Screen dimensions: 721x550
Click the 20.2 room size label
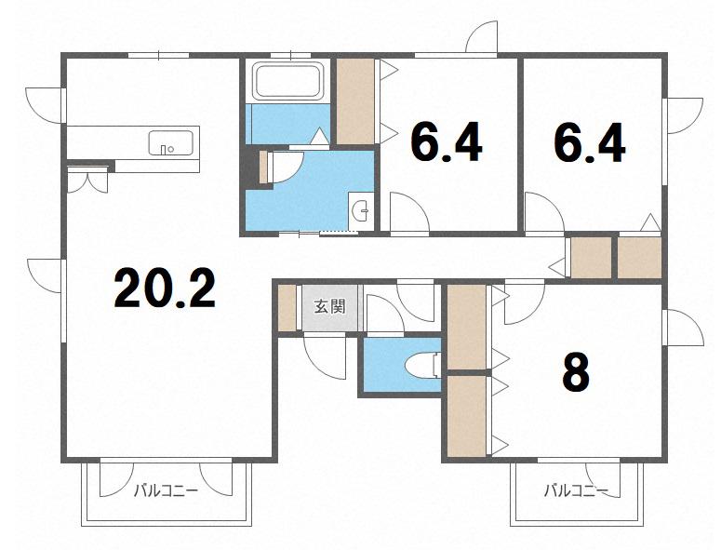[165, 288]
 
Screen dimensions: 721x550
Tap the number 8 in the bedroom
[575, 372]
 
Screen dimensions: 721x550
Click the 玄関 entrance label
[329, 306]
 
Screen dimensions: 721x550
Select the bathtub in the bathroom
[288, 82]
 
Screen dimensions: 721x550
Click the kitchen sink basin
[170, 143]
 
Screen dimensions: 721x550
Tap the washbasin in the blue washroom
[361, 210]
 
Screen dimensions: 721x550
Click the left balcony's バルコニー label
[166, 491]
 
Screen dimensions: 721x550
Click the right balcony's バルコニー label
[576, 491]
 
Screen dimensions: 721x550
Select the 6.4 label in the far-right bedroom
[590, 142]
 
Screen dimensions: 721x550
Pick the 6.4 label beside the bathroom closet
[447, 142]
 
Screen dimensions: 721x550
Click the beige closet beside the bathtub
[355, 101]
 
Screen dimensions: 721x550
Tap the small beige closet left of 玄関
[287, 308]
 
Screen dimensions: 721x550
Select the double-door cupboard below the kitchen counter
[87, 181]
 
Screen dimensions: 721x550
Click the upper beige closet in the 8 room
[467, 327]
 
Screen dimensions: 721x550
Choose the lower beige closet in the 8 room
[467, 417]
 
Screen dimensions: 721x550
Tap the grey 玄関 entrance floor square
[329, 308]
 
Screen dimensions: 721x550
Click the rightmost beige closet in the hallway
[639, 258]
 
